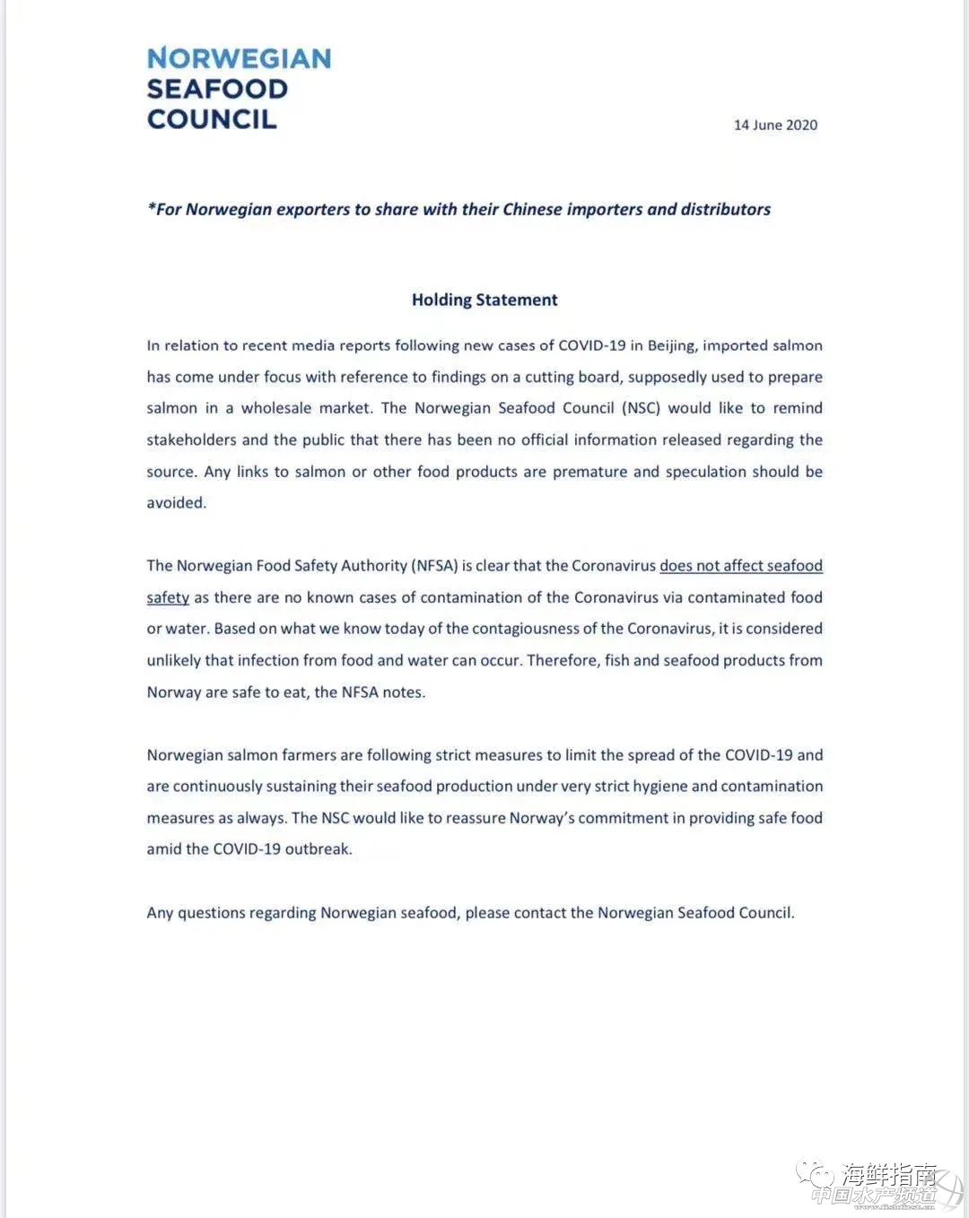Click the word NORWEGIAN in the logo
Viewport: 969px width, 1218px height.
(x=239, y=59)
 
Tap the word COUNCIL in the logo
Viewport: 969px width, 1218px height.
(x=212, y=119)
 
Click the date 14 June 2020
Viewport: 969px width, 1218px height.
(x=775, y=126)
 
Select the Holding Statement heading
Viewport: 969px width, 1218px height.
(x=484, y=300)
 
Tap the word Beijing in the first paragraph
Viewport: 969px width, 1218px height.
(x=672, y=346)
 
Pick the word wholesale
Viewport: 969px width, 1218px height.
(x=272, y=409)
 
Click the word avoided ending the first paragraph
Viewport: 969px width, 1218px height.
(x=176, y=503)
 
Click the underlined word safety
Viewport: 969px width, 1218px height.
(x=168, y=598)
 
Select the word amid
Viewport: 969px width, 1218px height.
(x=164, y=849)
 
